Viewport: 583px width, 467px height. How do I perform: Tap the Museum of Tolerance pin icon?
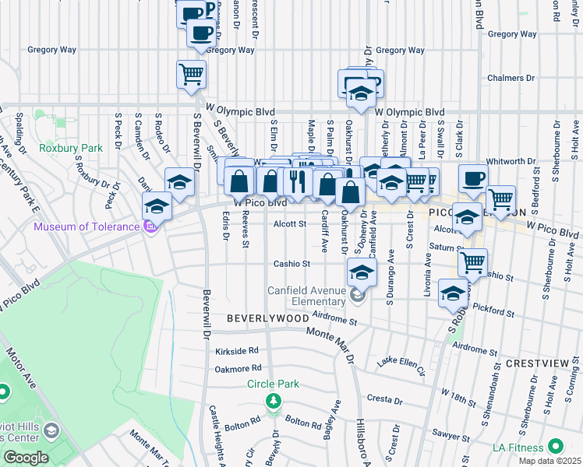[150, 227]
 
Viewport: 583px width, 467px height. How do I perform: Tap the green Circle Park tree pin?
[273, 400]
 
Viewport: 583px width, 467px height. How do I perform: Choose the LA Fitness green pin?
[555, 447]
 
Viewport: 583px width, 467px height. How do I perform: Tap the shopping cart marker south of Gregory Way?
[191, 75]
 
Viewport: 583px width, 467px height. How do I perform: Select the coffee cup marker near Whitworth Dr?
[473, 178]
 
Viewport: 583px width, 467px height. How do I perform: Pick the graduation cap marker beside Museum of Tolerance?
[157, 206]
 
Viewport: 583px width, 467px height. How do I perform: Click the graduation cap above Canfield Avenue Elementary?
[361, 272]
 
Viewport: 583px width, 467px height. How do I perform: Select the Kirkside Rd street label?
[236, 352]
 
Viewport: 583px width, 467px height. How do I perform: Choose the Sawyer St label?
[450, 436]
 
